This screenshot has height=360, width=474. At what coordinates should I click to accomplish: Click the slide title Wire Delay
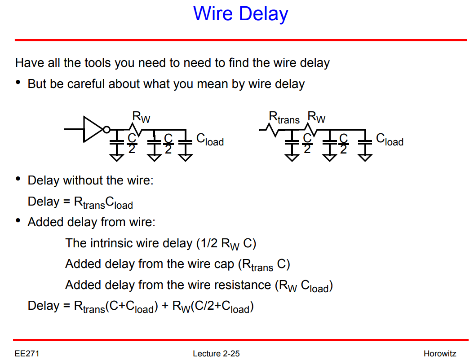pos(240,14)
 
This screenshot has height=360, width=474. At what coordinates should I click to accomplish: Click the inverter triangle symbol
pos(93,129)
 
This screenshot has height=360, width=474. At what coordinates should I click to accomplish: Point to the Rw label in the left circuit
pos(141,118)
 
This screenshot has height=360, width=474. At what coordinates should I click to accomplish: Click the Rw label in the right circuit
pos(316,118)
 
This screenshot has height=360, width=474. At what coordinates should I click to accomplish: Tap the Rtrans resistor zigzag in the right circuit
pos(271,130)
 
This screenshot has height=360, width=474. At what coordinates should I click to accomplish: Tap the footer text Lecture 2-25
pos(216,354)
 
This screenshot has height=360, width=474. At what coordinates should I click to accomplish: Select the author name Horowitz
pos(439,354)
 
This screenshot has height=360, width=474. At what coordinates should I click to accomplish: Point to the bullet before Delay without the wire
pos(18,180)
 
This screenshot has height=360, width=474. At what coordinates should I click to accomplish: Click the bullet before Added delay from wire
pos(18,221)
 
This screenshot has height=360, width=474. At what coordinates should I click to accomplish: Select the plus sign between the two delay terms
pos(165,306)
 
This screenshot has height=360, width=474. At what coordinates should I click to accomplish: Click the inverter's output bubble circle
pos(106,130)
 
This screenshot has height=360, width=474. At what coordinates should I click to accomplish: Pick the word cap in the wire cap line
pos(223,264)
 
